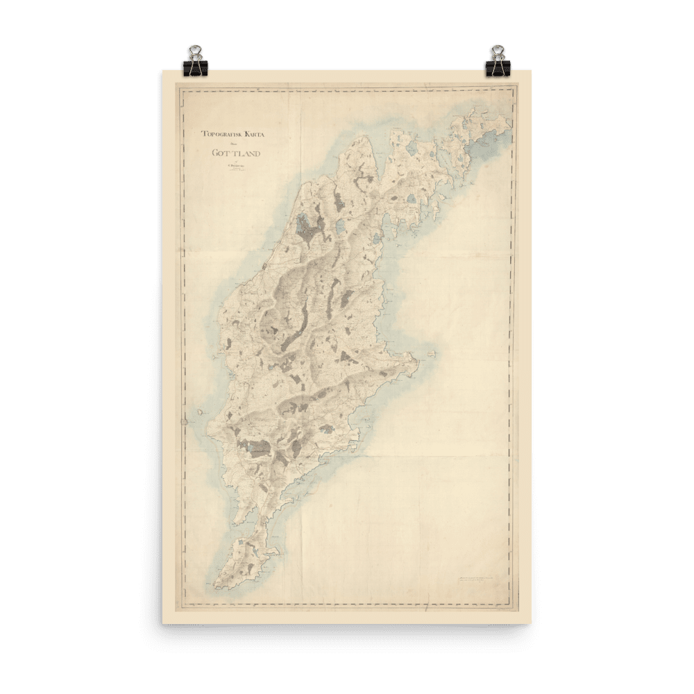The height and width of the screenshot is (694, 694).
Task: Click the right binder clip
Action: pos(497,60)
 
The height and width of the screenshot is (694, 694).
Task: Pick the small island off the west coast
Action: pos(199,412)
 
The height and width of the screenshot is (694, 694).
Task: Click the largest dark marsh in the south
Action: pos(254,448)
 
